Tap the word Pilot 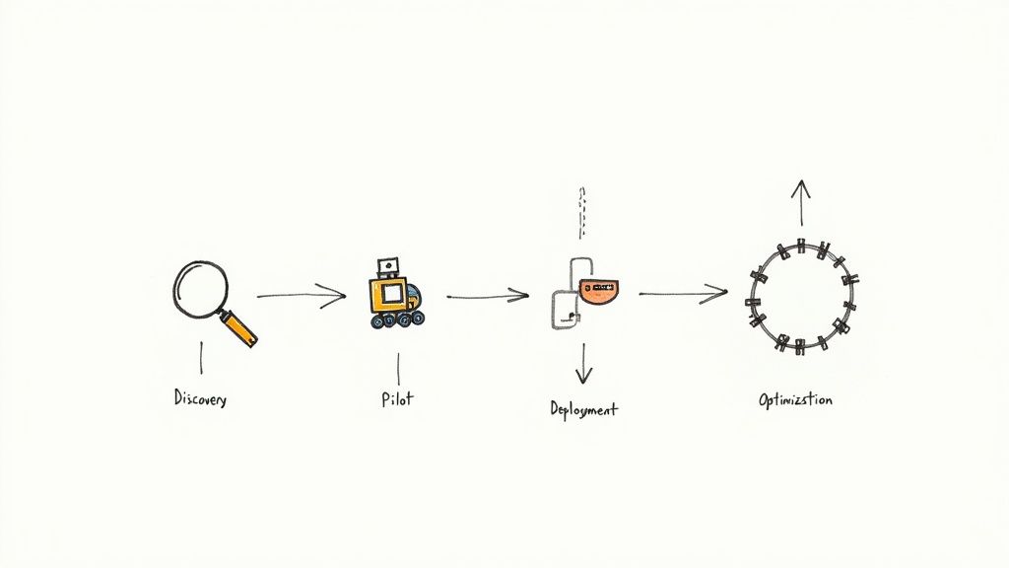396,400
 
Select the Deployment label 584,407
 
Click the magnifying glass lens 201,286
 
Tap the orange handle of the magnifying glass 239,327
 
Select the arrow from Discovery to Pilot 302,295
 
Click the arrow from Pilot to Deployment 488,295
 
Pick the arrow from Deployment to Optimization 683,293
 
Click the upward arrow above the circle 801,203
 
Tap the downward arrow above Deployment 584,363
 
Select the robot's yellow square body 389,294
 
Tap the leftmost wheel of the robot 378,321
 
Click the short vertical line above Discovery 202,357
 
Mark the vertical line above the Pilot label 397,368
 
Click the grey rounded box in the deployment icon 565,308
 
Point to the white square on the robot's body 390,293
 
